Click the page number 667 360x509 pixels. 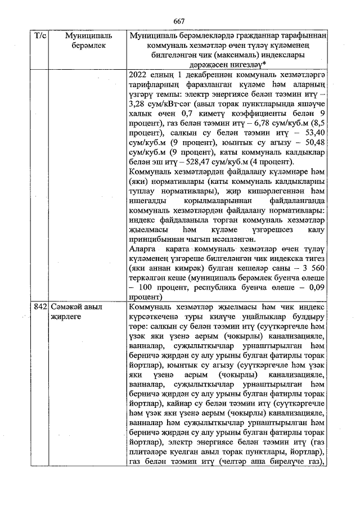(179, 21)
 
